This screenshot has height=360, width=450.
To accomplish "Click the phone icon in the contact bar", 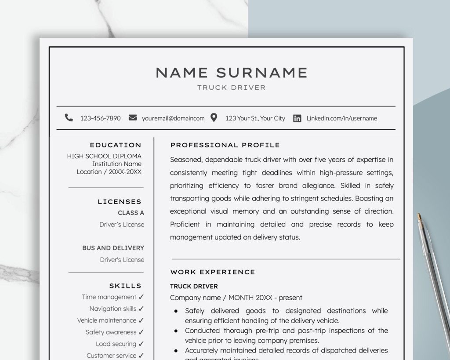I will pos(69,118).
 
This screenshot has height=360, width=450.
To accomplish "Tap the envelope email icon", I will pos(133,118).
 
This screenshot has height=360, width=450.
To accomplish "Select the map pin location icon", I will pos(214,118).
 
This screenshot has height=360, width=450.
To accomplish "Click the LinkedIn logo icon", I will pos(297,118).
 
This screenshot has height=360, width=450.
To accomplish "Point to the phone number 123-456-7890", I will pos(100,118).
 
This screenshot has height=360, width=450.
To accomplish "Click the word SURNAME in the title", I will pos(261,73).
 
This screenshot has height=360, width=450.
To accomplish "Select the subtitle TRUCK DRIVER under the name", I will pos(231,87).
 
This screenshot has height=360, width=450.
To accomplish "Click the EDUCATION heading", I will pos(116,145).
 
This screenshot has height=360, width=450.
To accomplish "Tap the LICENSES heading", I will pos(120,202).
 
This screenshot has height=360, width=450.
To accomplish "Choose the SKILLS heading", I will pos(125,286).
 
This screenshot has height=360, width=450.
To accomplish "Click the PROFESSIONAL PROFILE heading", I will pos(225,145).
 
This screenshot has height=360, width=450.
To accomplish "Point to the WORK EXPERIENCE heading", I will pos(213,272).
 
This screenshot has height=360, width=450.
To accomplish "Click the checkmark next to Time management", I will pos(141,297).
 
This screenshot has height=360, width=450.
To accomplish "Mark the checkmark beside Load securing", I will pos(141,344).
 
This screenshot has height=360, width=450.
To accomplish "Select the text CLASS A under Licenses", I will pos(131,213).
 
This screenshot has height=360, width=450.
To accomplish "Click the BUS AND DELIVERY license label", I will pos(113,248).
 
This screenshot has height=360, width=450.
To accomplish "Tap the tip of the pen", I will pos(419,215).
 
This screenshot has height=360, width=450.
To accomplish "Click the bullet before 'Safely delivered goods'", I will pos(176,311).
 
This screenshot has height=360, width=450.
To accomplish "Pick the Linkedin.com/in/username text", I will pos(341,118).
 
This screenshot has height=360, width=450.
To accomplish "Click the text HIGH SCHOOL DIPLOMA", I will pos(104,156).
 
